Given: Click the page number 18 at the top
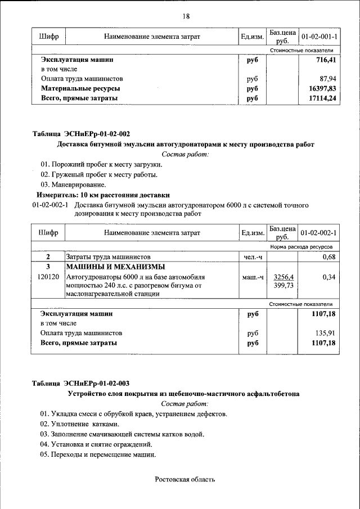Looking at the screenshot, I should tap(186, 16).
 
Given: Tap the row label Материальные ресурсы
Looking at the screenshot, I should tap(80, 89).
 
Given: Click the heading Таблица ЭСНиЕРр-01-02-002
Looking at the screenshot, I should tap(81, 134).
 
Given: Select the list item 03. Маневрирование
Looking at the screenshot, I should tap(73, 184).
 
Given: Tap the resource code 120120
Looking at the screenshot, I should tap(48, 277).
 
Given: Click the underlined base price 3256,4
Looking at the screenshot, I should tap(282, 277).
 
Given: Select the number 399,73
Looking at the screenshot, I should tap(282, 286).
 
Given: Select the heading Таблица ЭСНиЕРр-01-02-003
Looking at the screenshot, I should tap(81, 384).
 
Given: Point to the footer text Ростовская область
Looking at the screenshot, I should tap(185, 479).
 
